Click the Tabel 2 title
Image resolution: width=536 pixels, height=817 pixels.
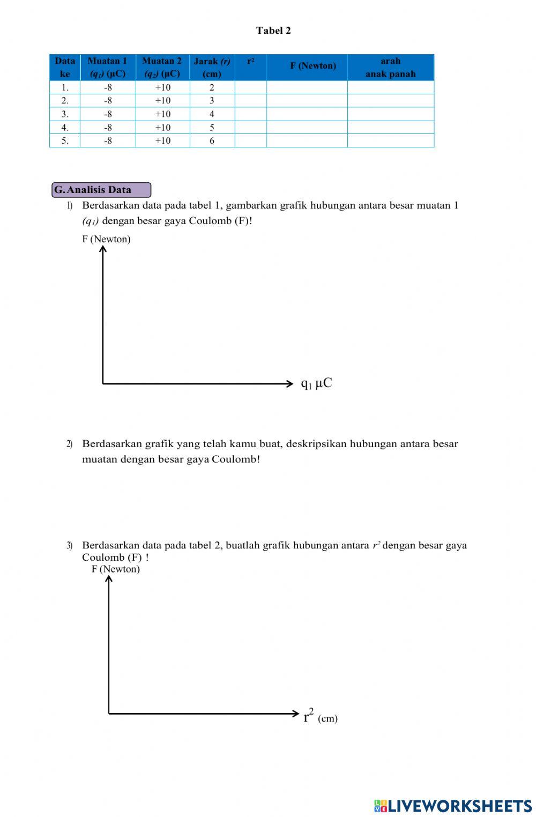[x=273, y=31]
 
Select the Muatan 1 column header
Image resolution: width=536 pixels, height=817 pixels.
[x=107, y=67]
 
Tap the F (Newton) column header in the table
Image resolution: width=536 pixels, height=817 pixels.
[x=313, y=66]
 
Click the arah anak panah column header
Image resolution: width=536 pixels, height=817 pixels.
[x=390, y=67]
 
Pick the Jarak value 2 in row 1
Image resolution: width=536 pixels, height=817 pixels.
[x=212, y=87]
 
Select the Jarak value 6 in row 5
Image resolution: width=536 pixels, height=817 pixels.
[x=212, y=140]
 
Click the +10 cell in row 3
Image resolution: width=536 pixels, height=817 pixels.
[x=162, y=114]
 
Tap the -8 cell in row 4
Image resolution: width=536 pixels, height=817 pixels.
[x=108, y=127]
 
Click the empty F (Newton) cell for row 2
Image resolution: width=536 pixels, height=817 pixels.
[x=307, y=101]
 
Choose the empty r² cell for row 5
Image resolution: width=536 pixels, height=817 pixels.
[x=250, y=140]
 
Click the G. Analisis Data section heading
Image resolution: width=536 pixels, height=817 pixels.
[x=101, y=190]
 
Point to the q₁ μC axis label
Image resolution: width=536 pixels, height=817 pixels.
[x=316, y=383]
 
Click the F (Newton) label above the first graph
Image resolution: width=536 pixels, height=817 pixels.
[x=106, y=239]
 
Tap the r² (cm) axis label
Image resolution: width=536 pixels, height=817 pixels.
[x=320, y=717]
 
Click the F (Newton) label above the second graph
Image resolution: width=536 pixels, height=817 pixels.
[x=115, y=569]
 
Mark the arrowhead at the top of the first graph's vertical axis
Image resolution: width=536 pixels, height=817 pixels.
[x=103, y=248]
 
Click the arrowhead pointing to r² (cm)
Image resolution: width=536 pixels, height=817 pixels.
[x=295, y=713]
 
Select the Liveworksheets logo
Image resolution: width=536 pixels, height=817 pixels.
[x=453, y=806]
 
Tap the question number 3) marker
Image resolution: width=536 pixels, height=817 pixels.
[x=70, y=546]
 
